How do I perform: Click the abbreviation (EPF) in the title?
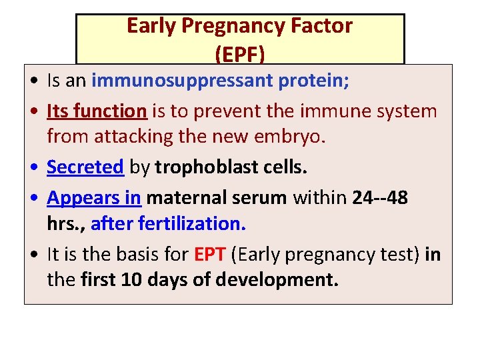[x=240, y=51]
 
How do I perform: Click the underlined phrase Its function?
[x=96, y=111]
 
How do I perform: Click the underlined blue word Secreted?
[x=85, y=167]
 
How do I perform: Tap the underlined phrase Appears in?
[x=94, y=198]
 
